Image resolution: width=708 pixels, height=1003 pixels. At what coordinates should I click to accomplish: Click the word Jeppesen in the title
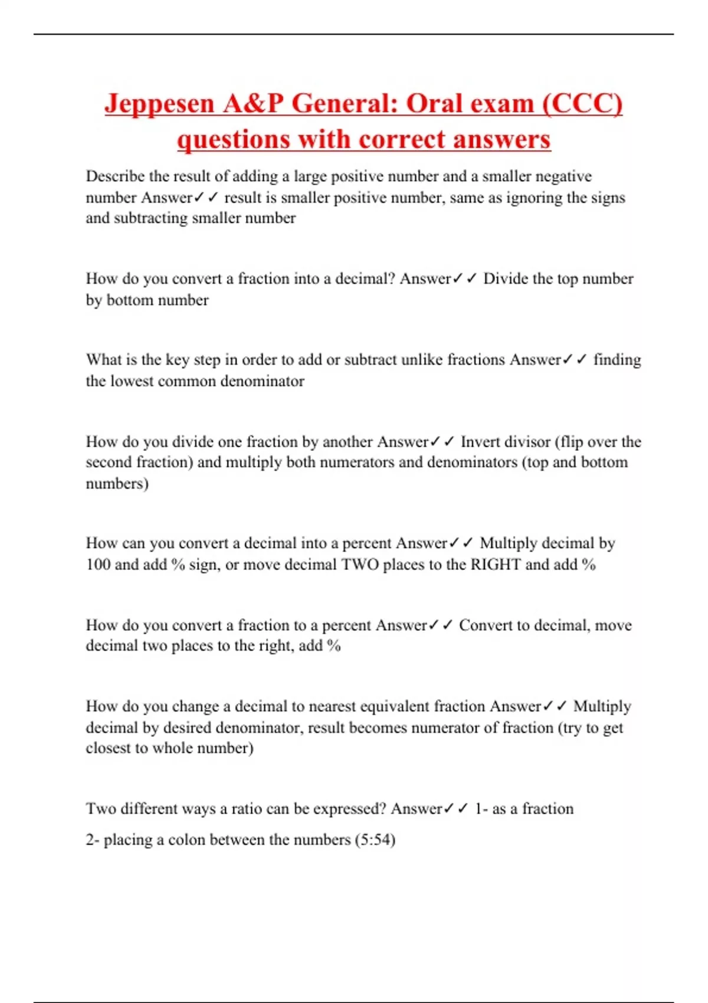coord(159,104)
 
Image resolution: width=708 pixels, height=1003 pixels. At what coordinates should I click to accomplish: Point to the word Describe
coord(115,176)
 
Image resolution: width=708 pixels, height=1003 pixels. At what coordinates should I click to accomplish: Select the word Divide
coord(506,278)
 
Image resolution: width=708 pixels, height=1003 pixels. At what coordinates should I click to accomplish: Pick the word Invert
coord(481,442)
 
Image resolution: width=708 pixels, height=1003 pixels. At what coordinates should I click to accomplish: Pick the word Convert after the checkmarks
coord(486,625)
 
